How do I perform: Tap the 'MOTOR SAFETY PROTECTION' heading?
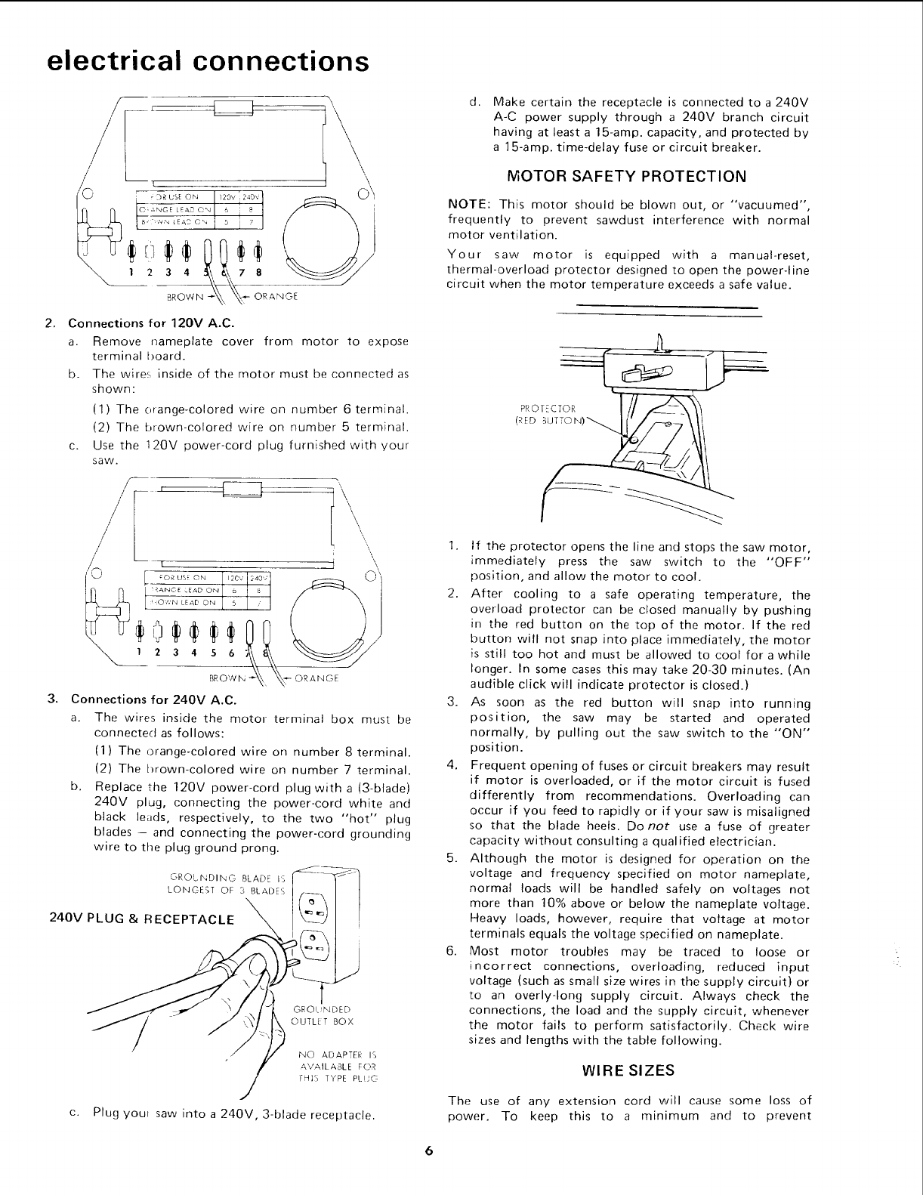628,177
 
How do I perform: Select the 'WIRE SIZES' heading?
628,1070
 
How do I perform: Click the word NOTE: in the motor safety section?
470,206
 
